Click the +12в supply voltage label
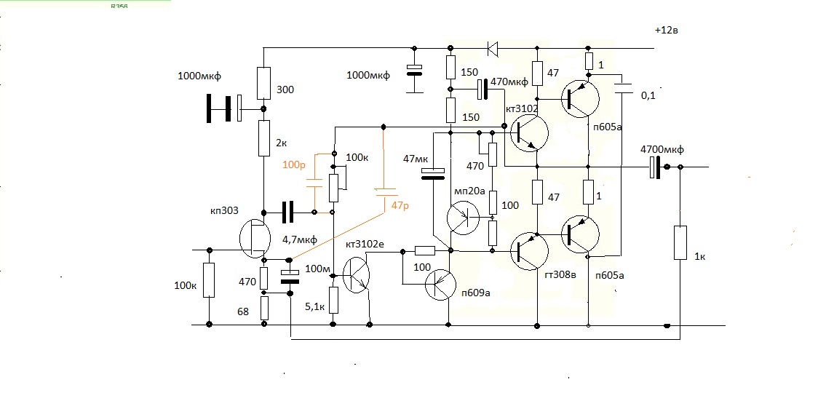coord(670,31)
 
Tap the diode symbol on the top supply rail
coord(492,49)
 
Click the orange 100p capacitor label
coord(294,165)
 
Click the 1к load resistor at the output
coord(680,242)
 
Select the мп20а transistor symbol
coord(462,216)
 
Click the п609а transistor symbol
coord(440,285)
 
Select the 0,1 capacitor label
coord(647,95)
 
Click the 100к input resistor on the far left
coord(209,280)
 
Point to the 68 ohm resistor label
coord(243,312)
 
